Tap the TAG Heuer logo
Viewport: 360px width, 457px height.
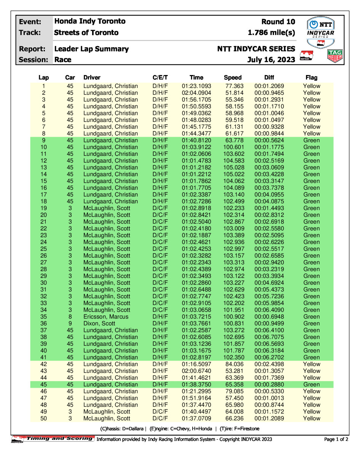pyautogui.click(x=335, y=56)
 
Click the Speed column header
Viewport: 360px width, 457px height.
pyautogui.click(x=233, y=78)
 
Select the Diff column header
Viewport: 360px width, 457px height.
pyautogui.click(x=269, y=78)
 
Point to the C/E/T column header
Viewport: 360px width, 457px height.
pyautogui.click(x=160, y=78)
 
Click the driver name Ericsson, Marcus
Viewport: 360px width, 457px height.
pyautogui.click(x=106, y=316)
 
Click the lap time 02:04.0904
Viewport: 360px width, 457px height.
pyautogui.click(x=196, y=93)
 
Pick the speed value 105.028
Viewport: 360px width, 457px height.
pyautogui.click(x=233, y=168)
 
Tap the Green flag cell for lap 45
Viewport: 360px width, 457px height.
pyautogui.click(x=312, y=384)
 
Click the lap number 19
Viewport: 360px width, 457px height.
pyautogui.click(x=44, y=208)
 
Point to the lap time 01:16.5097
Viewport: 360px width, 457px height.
pyautogui.click(x=196, y=364)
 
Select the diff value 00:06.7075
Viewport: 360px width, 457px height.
pyautogui.click(x=269, y=337)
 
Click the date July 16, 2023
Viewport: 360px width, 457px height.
pyautogui.click(x=271, y=60)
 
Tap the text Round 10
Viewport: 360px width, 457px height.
pyautogui.click(x=278, y=22)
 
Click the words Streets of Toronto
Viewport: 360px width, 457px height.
pyautogui.click(x=86, y=33)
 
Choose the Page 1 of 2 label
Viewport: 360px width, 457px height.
pyautogui.click(x=336, y=439)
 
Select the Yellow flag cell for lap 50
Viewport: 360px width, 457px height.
pyautogui.click(x=312, y=418)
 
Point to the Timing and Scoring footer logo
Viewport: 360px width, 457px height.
pyautogui.click(x=53, y=439)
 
